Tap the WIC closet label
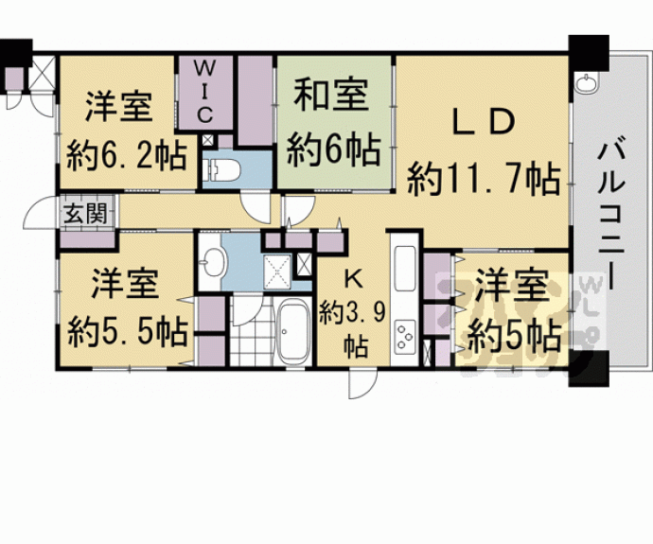208,91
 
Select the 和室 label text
330,97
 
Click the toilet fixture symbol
224,170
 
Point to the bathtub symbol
293,332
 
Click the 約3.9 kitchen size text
351,311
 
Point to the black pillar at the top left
15,57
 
